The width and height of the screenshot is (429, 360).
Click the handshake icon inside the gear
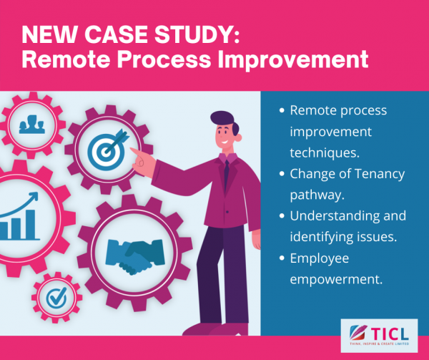(x=135, y=256)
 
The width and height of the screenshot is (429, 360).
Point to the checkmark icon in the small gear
(x=57, y=298)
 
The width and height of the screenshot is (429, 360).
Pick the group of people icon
(x=31, y=125)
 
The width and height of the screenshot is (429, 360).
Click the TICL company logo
(x=379, y=336)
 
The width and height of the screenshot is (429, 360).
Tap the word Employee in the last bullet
(x=320, y=258)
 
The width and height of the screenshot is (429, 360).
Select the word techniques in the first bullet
(x=325, y=152)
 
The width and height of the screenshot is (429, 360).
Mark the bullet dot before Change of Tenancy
(x=282, y=174)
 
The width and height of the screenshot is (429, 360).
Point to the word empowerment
(x=336, y=280)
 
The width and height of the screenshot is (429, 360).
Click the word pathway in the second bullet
(x=317, y=195)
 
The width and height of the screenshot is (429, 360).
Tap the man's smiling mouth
(x=225, y=142)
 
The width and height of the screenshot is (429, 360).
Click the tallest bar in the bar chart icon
(x=30, y=225)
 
